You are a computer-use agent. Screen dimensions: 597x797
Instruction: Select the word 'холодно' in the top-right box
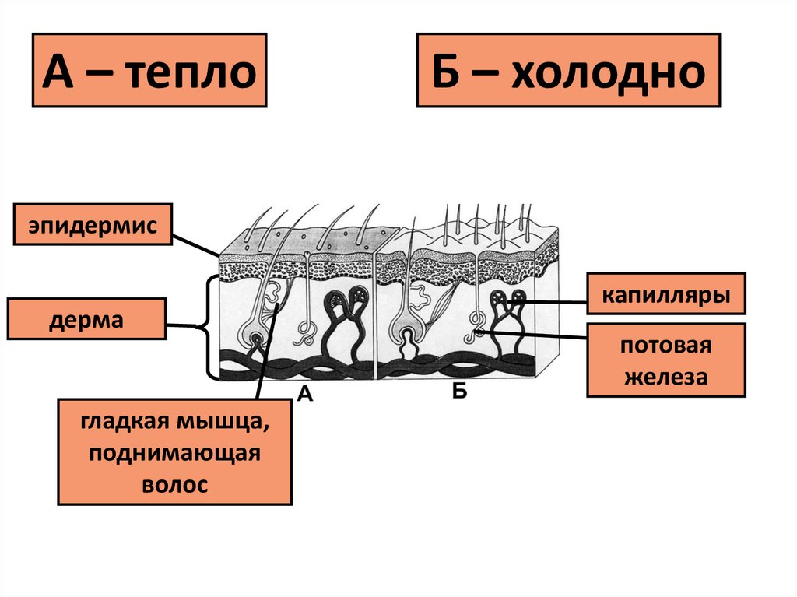point(608,72)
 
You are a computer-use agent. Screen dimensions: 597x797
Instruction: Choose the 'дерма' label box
point(86,319)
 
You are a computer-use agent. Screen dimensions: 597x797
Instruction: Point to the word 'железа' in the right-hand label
point(666,378)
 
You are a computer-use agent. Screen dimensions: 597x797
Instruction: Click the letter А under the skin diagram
point(306,395)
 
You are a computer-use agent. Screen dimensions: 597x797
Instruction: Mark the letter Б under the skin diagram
point(459,392)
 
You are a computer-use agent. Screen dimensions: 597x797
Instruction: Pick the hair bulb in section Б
point(409,339)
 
